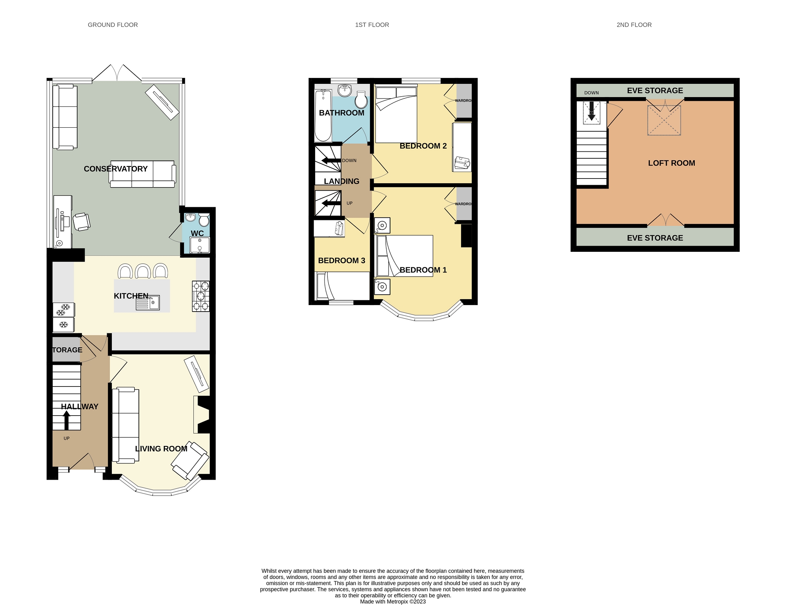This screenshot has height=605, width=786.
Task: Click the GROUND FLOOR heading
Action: (113, 25)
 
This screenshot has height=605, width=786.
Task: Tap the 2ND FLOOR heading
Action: (634, 25)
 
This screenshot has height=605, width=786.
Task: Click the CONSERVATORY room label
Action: (116, 169)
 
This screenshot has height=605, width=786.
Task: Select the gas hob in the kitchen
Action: (201, 296)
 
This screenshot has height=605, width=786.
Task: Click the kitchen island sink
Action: (148, 303)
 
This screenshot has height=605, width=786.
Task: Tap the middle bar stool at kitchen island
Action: (142, 271)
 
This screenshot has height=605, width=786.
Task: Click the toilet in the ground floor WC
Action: (204, 220)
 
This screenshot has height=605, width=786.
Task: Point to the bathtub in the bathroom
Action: (323, 116)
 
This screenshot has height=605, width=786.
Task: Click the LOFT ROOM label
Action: (671, 163)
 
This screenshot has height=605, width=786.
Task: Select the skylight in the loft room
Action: (664, 120)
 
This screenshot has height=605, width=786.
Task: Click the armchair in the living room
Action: (190, 460)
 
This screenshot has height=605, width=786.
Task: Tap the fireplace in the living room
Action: (202, 414)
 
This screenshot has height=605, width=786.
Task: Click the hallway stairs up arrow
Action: (66, 420)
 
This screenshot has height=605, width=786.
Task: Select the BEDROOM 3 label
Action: (341, 260)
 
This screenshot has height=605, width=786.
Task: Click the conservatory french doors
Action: (117, 74)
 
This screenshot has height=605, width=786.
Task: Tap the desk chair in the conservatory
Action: (82, 222)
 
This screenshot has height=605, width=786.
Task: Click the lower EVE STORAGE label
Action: (655, 238)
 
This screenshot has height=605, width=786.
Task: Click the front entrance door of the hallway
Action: (82, 462)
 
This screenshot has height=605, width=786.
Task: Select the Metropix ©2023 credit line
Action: (392, 602)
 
